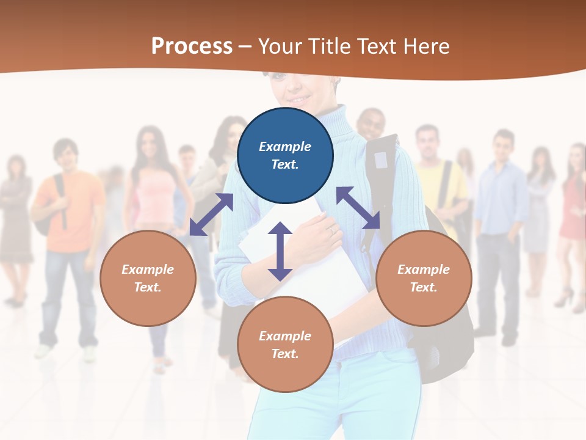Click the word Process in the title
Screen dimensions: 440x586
click(x=192, y=46)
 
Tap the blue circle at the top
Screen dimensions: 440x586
click(x=285, y=156)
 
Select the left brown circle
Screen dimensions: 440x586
click(x=148, y=278)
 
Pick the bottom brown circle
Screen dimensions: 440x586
click(x=285, y=345)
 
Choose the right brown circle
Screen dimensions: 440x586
click(x=424, y=278)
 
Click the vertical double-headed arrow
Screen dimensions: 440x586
click(x=280, y=251)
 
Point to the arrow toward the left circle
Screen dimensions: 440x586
click(x=211, y=215)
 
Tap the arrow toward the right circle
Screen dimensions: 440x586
click(x=358, y=208)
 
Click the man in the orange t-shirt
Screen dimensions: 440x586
click(x=68, y=208)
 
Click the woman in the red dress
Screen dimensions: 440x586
click(x=574, y=208)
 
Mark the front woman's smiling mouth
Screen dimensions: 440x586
click(x=298, y=98)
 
